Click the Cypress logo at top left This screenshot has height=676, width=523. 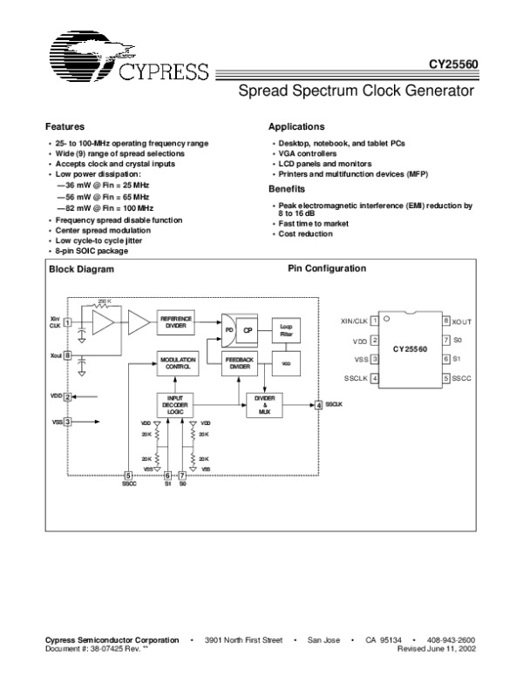point(126,56)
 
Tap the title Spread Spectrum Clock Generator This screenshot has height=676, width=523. point(357,91)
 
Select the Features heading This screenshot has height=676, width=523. point(65,126)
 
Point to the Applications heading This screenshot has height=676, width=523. point(296,126)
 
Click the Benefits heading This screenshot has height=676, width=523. point(287,188)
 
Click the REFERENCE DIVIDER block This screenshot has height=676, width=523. point(175,321)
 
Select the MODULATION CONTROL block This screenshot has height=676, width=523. point(176,365)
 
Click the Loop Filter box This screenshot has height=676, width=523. point(286,328)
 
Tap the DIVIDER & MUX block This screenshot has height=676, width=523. point(264,404)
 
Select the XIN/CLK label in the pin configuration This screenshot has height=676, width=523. point(355,321)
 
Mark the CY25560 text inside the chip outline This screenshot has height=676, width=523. point(408,349)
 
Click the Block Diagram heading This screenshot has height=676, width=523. point(81,269)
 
